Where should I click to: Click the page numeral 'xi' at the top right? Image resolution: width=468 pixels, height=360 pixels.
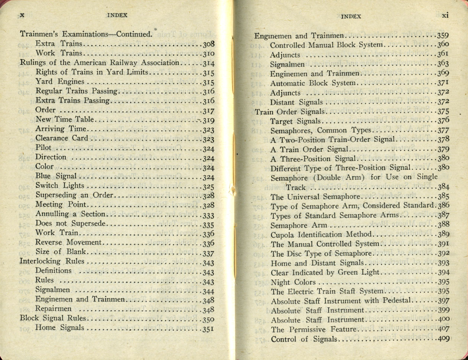coord(446,16)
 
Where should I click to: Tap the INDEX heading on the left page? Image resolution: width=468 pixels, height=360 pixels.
coord(117,15)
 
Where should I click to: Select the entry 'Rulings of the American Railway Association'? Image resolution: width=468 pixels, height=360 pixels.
coord(100,63)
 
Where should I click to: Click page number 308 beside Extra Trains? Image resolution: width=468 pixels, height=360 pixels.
coord(208,44)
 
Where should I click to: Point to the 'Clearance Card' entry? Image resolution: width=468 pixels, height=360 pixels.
coord(62,138)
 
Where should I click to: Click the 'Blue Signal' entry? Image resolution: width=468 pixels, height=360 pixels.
coord(56,176)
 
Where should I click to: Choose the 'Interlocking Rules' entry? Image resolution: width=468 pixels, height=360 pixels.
coord(52,261)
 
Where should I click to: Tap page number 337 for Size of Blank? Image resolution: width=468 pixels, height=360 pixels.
coord(208,253)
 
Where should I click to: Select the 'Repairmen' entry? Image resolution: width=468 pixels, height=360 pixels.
coord(53,309)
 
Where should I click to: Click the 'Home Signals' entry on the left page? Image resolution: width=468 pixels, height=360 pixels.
coord(59,328)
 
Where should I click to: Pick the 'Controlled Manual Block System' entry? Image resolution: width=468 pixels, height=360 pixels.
coord(326,45)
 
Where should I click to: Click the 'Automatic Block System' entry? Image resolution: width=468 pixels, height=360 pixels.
coord(313,83)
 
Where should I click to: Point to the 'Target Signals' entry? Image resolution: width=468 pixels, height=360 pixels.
coord(296,121)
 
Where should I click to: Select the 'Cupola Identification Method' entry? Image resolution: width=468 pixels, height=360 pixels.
coord(321,235)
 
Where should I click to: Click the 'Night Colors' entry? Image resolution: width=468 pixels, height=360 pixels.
coord(293,282)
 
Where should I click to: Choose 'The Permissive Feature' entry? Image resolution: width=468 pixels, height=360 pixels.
coord(313,329)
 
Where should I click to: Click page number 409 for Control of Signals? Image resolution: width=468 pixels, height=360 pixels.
coord(443,338)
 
